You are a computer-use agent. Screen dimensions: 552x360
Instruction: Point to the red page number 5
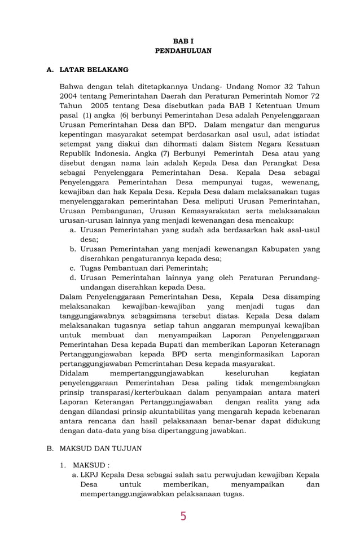click(183, 516)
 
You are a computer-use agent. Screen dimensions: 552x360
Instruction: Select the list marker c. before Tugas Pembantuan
click(73, 268)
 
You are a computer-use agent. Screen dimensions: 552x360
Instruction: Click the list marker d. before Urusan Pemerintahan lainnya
click(73, 277)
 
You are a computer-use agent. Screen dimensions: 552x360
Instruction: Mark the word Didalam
click(74, 373)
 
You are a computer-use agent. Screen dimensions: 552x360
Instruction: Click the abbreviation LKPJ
click(91, 475)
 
